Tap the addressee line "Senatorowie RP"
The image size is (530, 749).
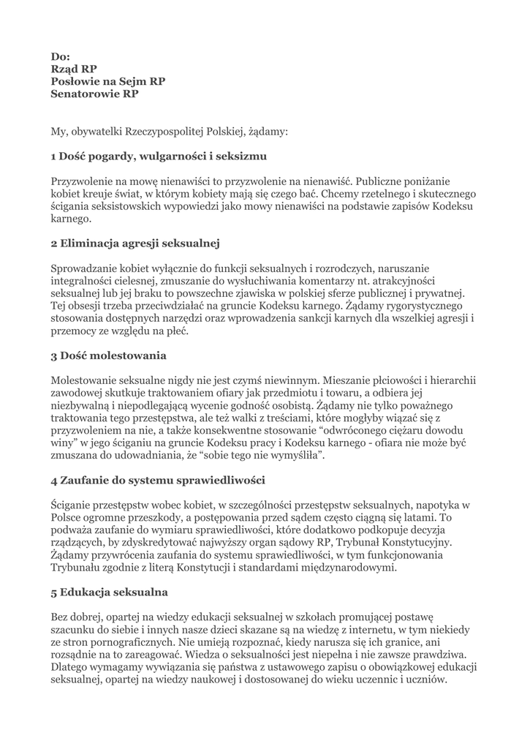point(94,94)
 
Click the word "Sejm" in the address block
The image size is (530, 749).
point(127,81)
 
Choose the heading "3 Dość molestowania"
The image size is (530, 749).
point(108,355)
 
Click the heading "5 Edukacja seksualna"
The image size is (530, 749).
point(109,592)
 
